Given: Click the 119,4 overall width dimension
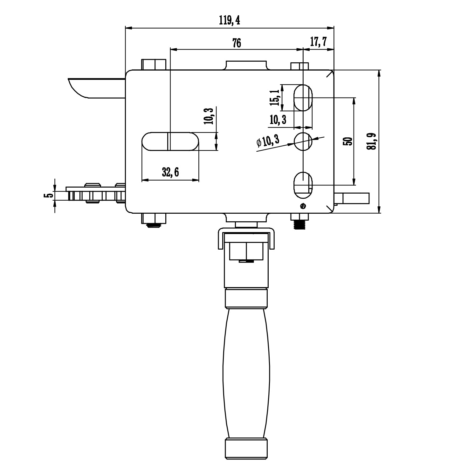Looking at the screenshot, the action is tap(229, 21).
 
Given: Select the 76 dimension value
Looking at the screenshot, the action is tap(237, 43).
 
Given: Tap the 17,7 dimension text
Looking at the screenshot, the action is tap(318, 42).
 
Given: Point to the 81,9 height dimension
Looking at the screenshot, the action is tap(372, 141).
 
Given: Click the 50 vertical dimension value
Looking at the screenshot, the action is tap(348, 141).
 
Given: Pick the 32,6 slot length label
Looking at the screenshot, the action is tap(170, 172).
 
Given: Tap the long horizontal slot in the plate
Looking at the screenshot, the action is tap(170, 141).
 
